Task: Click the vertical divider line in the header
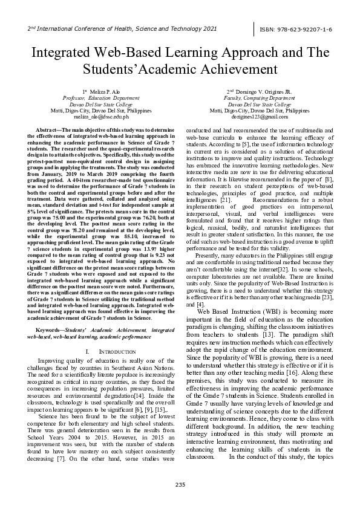[x=255, y=28]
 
